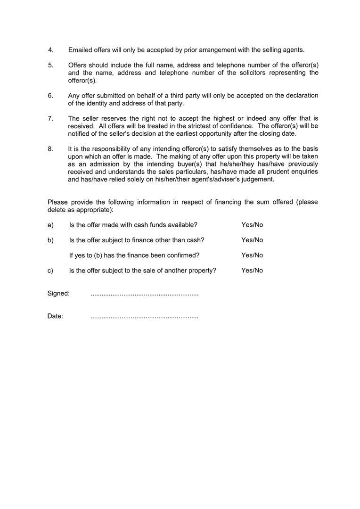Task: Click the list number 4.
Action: (x=50, y=50)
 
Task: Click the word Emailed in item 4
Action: (x=80, y=50)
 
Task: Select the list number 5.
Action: (x=50, y=65)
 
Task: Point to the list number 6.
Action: (x=50, y=96)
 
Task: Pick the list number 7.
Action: (x=50, y=118)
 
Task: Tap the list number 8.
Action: (x=50, y=149)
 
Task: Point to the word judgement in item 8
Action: (x=257, y=179)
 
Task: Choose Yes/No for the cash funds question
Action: (x=252, y=225)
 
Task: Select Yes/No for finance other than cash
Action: (x=252, y=240)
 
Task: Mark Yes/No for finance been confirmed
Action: (x=252, y=255)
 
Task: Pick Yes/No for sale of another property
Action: (x=252, y=271)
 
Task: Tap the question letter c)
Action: (x=50, y=271)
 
